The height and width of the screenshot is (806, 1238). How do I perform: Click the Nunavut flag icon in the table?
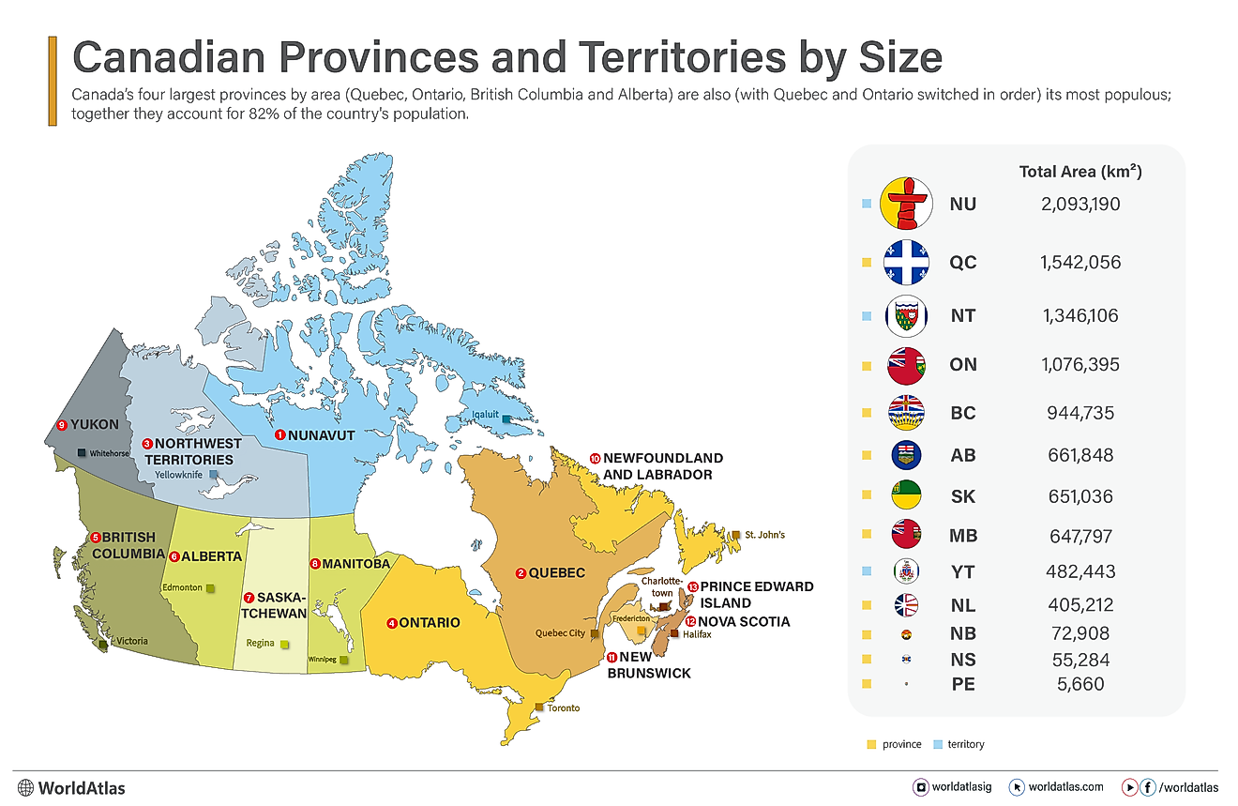[907, 204]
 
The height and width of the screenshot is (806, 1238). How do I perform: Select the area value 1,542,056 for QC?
[1079, 263]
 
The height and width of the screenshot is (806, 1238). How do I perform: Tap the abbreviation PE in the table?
[962, 684]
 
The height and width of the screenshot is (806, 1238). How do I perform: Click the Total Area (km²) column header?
[1079, 172]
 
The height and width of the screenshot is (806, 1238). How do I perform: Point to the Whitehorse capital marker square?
[82, 453]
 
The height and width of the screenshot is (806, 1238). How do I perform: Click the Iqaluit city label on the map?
[485, 413]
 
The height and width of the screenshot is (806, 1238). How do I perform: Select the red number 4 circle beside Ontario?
[392, 623]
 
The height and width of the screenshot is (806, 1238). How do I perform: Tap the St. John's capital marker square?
[737, 535]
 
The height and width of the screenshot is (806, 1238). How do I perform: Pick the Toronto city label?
[565, 707]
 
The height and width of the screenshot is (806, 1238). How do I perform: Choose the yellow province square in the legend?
[871, 744]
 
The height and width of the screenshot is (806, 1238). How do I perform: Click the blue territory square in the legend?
[938, 744]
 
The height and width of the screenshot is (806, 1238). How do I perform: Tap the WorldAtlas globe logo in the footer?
[25, 787]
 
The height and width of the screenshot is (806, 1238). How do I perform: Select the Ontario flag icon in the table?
[907, 365]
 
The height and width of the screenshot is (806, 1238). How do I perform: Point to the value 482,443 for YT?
[1079, 571]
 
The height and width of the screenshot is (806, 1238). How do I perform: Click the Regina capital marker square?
[285, 645]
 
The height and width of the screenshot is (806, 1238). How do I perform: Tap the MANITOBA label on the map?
[355, 565]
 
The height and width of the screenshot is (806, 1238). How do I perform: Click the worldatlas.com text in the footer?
[1065, 786]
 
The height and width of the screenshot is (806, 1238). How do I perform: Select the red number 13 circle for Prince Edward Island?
[692, 586]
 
